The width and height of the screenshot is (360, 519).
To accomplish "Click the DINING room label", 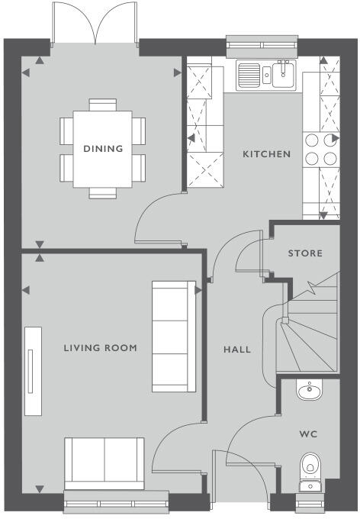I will [103, 149].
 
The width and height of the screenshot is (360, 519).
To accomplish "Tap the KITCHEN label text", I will [266, 154].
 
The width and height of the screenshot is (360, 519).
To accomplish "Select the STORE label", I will [304, 253].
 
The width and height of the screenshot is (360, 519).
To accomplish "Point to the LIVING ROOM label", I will [100, 348].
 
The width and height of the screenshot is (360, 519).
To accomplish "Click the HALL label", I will [236, 350].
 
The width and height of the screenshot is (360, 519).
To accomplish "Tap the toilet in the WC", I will [310, 466].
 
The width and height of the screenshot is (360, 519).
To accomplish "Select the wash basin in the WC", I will [309, 391].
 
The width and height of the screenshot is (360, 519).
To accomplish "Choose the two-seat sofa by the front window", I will [105, 463].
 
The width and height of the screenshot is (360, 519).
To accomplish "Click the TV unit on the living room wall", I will [33, 372].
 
